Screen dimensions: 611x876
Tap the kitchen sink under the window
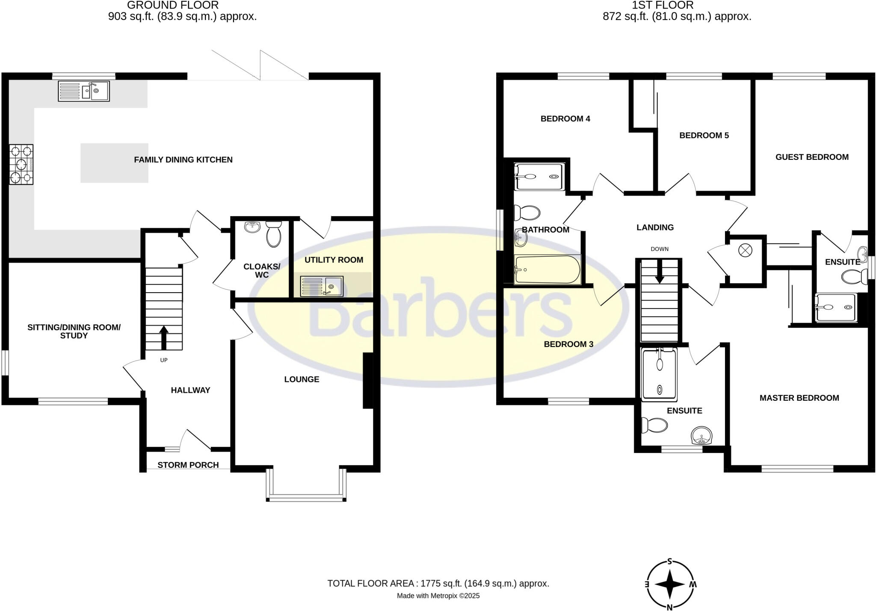[84, 91]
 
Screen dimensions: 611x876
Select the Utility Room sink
[322, 286]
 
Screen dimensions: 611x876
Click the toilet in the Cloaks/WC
[274, 234]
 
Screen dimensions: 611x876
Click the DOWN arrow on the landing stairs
[660, 272]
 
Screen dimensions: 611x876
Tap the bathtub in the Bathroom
[547, 270]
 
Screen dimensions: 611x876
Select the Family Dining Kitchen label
[183, 160]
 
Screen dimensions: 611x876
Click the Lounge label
[302, 379]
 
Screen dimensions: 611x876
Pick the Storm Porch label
[188, 465]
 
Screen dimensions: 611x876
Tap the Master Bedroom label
[799, 398]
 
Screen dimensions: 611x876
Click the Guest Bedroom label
[812, 157]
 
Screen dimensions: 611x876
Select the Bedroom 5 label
[704, 135]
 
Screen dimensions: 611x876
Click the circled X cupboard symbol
[745, 250]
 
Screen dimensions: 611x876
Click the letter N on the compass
[670, 607]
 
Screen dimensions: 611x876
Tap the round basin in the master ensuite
[702, 435]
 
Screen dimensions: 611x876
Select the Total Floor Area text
[438, 583]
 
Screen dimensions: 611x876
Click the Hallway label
[190, 390]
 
